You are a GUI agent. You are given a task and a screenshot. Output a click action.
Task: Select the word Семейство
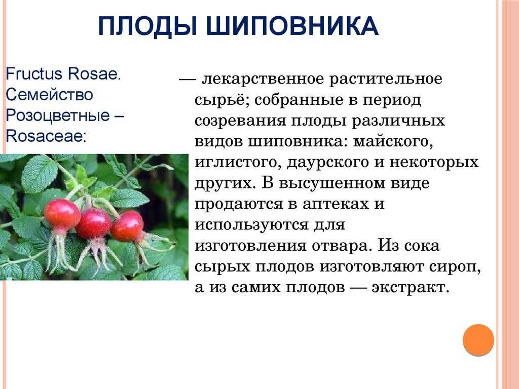[49, 95]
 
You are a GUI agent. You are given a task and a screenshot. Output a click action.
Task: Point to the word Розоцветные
[58, 116]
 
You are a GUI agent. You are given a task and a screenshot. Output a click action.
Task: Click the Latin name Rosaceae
[45, 136]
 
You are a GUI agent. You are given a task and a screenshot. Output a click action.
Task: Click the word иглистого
[236, 163]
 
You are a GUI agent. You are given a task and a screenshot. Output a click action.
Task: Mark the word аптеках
[335, 205]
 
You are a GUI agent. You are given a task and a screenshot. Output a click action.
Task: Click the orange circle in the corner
[478, 340]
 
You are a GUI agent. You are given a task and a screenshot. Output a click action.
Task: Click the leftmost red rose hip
[62, 215]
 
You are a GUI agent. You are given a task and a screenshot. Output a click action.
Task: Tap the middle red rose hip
[94, 223]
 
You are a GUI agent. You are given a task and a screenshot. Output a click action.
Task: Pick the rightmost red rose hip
[127, 226]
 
